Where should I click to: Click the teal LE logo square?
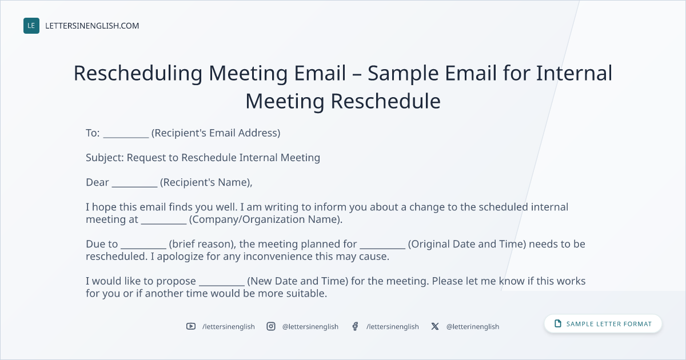coord(31,26)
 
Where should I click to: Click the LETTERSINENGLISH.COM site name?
coord(92,26)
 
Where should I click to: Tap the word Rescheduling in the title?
coord(138,74)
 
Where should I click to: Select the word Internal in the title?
coord(574,73)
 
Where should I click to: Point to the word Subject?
coord(105,158)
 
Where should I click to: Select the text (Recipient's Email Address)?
coord(216,133)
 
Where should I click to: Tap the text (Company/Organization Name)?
coord(265,219)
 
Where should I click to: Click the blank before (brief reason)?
coord(143,248)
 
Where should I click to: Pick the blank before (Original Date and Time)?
coord(382,248)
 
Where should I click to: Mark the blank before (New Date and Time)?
coord(222,285)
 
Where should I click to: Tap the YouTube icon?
coord(191,326)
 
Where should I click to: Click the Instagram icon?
coord(271,326)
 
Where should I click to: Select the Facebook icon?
coord(355,326)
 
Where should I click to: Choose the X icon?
coord(435,326)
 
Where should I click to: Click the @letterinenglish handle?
coord(473,327)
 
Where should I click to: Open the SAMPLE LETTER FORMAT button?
coord(603,324)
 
